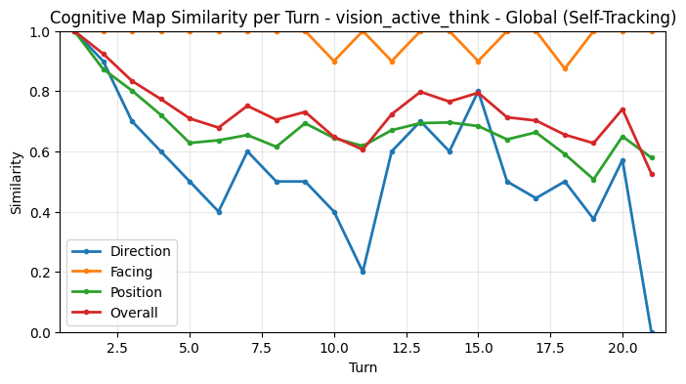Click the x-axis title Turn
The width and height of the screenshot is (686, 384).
363,368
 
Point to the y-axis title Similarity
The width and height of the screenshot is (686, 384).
17,182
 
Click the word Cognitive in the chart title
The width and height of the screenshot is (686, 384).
86,18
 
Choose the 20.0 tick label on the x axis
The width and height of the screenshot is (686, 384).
622,347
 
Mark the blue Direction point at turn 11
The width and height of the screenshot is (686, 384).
363,272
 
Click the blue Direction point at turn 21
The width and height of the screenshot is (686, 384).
652,332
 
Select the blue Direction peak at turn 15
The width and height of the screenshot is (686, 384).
478,92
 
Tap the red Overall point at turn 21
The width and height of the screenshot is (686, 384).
652,174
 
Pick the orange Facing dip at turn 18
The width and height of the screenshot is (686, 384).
565,68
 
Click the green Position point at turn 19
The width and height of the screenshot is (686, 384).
593,180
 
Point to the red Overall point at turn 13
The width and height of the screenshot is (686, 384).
420,92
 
